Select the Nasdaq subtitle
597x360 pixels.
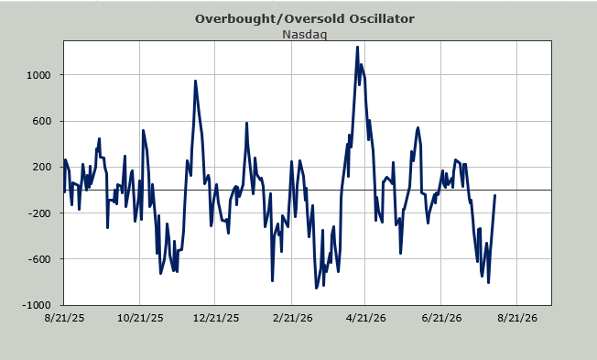coord(304,34)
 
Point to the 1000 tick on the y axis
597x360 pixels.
coord(38,75)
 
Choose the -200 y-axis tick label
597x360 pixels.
coord(39,213)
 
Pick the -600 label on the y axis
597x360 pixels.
coord(39,259)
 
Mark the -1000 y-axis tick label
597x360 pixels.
coord(37,305)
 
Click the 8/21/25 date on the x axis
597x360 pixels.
coord(64,318)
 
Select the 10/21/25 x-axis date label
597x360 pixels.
coord(140,318)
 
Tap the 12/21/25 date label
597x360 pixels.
coord(216,318)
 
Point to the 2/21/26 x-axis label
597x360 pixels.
coord(292,318)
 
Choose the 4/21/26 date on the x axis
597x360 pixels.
coord(366,318)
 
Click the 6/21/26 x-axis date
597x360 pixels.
coord(441,318)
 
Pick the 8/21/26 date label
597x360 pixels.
coord(517,318)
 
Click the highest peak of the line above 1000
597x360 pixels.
coord(357,48)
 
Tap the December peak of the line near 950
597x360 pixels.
coord(195,82)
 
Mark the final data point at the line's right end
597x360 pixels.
coord(494,195)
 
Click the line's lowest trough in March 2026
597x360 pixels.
coord(316,288)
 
